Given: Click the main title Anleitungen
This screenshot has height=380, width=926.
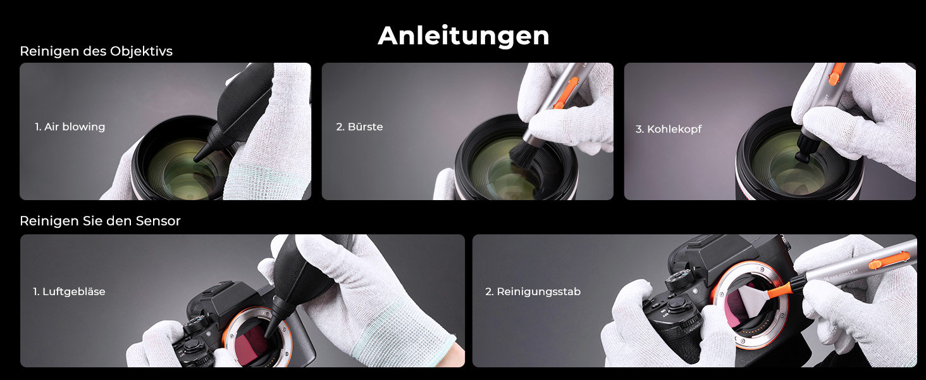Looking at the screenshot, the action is coord(464,36).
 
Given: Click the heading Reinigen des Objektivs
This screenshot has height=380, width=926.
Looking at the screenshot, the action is coord(96,51).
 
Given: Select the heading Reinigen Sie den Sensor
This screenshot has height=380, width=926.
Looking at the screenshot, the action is coord(100,221).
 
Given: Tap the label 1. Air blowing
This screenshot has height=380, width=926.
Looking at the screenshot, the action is coord(70,127).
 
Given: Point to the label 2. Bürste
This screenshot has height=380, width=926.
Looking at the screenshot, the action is coord(360,127).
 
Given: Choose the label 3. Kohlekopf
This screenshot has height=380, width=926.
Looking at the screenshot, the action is coord(669,129).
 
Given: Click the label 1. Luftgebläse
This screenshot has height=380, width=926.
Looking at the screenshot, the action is coord(69,292).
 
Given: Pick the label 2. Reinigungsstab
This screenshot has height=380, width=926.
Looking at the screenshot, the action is coord(533,292).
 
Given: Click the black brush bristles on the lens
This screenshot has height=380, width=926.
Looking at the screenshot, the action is coord(524,153).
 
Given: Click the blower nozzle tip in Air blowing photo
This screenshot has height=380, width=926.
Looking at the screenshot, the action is coord(197,158).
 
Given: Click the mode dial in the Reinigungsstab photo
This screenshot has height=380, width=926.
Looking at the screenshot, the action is coord(678,278).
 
